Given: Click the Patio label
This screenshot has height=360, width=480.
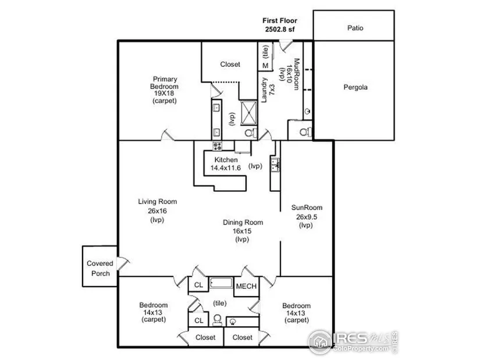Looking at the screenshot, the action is click(x=355, y=28).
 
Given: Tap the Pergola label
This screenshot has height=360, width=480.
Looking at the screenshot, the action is click(x=355, y=87).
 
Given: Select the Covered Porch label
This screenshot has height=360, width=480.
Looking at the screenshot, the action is click(x=100, y=268).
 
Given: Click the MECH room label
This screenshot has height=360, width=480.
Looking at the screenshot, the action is click(x=246, y=286).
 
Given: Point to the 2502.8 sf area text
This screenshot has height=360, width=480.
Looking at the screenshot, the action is click(x=280, y=30).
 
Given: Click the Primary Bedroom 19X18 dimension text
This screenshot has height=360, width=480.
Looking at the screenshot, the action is click(x=165, y=94).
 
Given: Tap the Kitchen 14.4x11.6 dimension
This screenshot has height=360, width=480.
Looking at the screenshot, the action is click(x=225, y=167).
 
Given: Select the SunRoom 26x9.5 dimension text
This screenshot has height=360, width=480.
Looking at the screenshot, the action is click(x=307, y=217).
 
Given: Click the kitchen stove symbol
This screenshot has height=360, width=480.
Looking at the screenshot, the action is click(x=218, y=146).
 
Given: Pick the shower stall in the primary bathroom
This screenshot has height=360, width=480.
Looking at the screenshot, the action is click(x=248, y=113).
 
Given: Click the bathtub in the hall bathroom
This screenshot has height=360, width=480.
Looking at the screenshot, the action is click(x=221, y=283).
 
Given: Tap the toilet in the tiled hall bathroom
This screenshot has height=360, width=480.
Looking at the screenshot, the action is click(x=218, y=320).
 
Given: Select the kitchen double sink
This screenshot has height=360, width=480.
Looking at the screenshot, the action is click(x=275, y=165).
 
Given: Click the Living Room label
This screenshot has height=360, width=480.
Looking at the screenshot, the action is click(x=157, y=202).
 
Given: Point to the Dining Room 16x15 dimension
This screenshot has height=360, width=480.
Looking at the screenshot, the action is click(x=242, y=231).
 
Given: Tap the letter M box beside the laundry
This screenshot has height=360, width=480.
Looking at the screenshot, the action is click(x=265, y=66).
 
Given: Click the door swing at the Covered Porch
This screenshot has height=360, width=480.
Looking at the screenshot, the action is click(x=124, y=263).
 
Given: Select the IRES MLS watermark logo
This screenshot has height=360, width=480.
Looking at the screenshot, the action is click(x=353, y=342).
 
